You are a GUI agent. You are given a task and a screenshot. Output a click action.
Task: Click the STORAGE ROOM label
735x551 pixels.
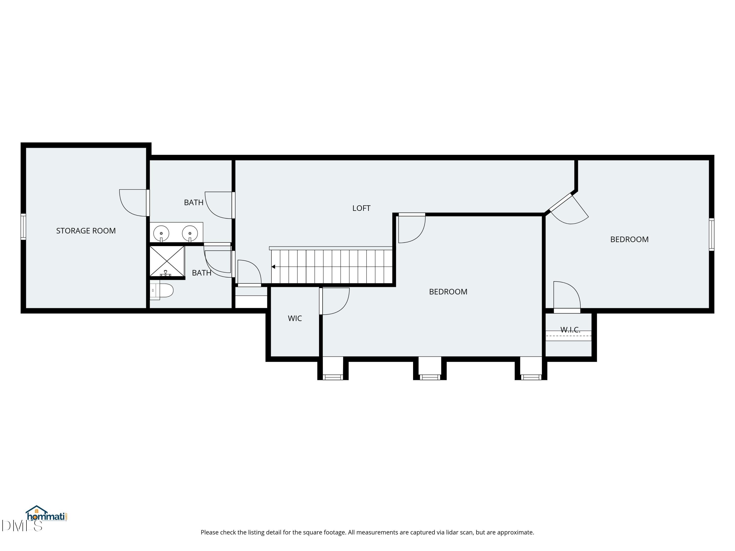[x=86, y=231]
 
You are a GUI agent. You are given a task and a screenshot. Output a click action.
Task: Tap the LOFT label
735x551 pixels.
[x=361, y=208]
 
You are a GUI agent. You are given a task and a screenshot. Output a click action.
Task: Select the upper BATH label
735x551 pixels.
[x=194, y=203]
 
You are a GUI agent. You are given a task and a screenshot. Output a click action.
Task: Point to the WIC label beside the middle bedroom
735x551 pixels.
[x=295, y=319]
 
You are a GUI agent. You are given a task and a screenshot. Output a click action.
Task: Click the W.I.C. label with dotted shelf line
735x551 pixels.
[x=570, y=330]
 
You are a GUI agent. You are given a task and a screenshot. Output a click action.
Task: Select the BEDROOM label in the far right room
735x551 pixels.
[x=629, y=240]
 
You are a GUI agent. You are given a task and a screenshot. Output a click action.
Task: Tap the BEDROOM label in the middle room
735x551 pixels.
[x=448, y=292]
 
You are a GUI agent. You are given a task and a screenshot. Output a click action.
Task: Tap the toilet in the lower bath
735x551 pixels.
[x=163, y=291]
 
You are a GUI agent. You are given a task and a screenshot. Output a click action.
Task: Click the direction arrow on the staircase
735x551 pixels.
[x=273, y=267]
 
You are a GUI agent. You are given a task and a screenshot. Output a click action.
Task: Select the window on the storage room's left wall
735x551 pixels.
[x=23, y=227]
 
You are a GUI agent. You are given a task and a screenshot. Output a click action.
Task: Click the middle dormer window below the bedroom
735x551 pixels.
[x=430, y=377]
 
